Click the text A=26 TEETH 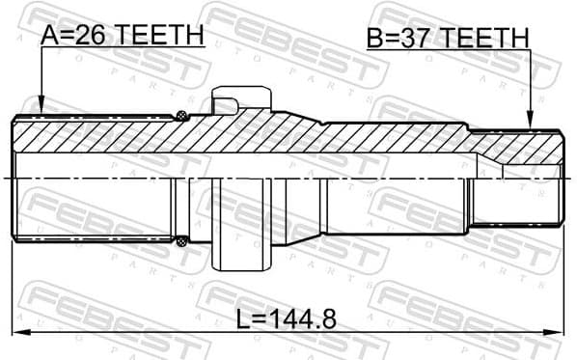point(123,35)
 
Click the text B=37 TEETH point(448,38)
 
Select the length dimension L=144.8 point(288,318)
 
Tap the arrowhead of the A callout point(41,109)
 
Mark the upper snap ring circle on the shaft point(180,117)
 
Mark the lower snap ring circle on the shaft point(180,242)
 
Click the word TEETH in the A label point(170,35)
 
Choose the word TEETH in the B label point(496,38)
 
